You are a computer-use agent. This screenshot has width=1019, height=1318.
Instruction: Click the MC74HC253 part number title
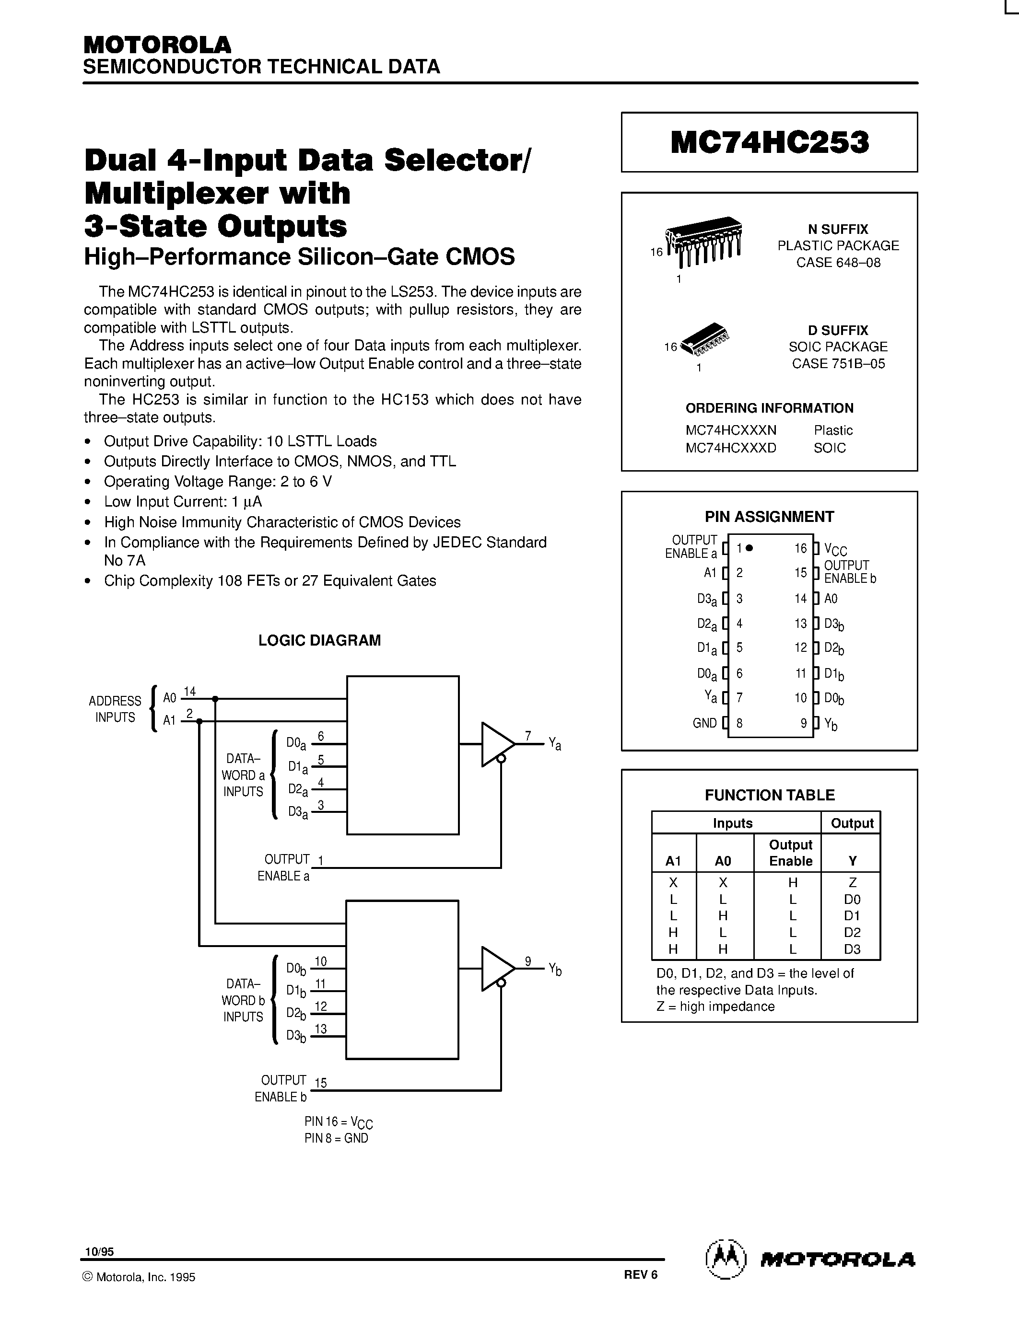pyautogui.click(x=770, y=142)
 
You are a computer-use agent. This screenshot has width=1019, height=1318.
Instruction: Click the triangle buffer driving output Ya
pyautogui.click(x=496, y=744)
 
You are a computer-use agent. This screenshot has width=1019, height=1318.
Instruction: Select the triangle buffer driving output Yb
pyautogui.click(x=496, y=969)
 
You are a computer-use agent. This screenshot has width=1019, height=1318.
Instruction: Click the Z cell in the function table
pyautogui.click(x=853, y=882)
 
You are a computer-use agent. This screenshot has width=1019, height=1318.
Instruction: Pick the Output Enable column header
pyautogui.click(x=790, y=853)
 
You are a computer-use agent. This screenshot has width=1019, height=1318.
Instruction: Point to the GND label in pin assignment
pyautogui.click(x=704, y=723)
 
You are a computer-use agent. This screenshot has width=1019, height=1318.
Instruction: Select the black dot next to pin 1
pyautogui.click(x=749, y=548)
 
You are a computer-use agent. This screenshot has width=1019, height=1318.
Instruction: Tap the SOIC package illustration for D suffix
pyautogui.click(x=704, y=339)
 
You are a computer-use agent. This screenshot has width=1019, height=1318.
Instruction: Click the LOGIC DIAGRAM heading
pyautogui.click(x=319, y=640)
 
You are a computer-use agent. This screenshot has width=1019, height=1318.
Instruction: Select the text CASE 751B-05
pyautogui.click(x=839, y=363)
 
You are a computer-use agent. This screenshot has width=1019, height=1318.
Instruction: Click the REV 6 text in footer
pyautogui.click(x=641, y=1274)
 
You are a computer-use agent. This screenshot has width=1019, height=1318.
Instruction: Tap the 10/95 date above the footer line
pyautogui.click(x=99, y=1251)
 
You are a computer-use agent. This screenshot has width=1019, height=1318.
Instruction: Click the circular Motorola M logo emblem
pyautogui.click(x=726, y=1260)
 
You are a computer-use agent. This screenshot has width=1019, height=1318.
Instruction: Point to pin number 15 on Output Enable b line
pyautogui.click(x=320, y=1083)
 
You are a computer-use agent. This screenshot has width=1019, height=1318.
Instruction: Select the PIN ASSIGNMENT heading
pyautogui.click(x=769, y=517)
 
